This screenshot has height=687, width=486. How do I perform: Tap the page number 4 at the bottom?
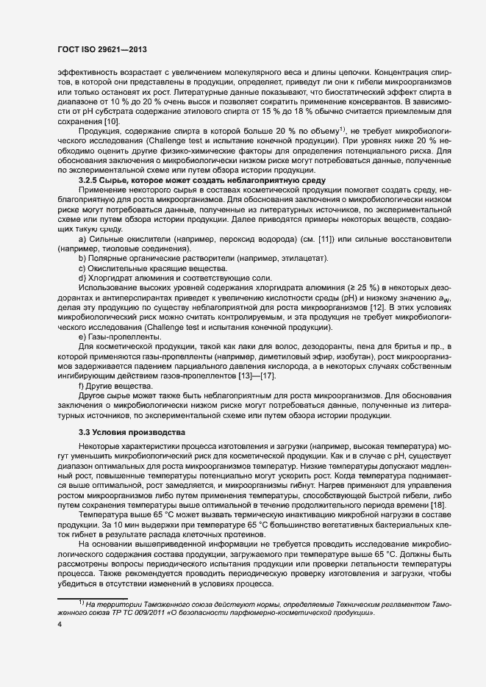(60, 625)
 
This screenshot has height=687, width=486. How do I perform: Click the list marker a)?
(82, 240)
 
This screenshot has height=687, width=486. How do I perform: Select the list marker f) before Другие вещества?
(82, 386)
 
